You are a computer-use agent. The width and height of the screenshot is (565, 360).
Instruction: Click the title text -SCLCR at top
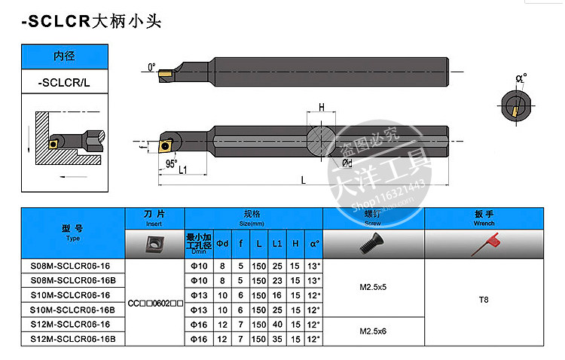pyautogui.click(x=56, y=22)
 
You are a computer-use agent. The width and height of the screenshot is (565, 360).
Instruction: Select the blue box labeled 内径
pyautogui.click(x=63, y=56)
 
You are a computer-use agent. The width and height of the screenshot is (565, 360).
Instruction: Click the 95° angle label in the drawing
pyautogui.click(x=171, y=163)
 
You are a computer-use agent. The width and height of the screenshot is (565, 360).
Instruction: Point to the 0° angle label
pyautogui.click(x=152, y=67)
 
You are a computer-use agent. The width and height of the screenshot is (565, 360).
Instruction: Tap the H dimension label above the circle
pyautogui.click(x=322, y=108)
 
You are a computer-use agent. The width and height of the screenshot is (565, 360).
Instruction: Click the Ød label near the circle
pyautogui.click(x=347, y=162)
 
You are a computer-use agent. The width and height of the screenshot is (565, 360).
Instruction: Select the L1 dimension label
pyautogui.click(x=183, y=170)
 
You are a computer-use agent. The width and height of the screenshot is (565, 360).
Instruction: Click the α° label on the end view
pyautogui.click(x=520, y=78)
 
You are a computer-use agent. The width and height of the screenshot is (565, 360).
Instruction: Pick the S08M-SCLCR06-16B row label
pyautogui.click(x=72, y=279)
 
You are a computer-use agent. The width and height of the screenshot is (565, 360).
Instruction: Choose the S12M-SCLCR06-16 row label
pyautogui.click(x=69, y=325)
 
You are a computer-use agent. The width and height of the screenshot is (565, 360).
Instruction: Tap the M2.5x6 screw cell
pyautogui.click(x=374, y=332)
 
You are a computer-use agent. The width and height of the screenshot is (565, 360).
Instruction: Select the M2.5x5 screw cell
pyautogui.click(x=374, y=287)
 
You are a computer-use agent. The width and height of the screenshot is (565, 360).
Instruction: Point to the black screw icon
pyautogui.click(x=373, y=244)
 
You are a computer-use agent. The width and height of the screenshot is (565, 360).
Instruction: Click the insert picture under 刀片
pyautogui.click(x=154, y=244)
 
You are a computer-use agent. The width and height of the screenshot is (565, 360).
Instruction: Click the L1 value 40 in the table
pyautogui.click(x=277, y=325)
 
